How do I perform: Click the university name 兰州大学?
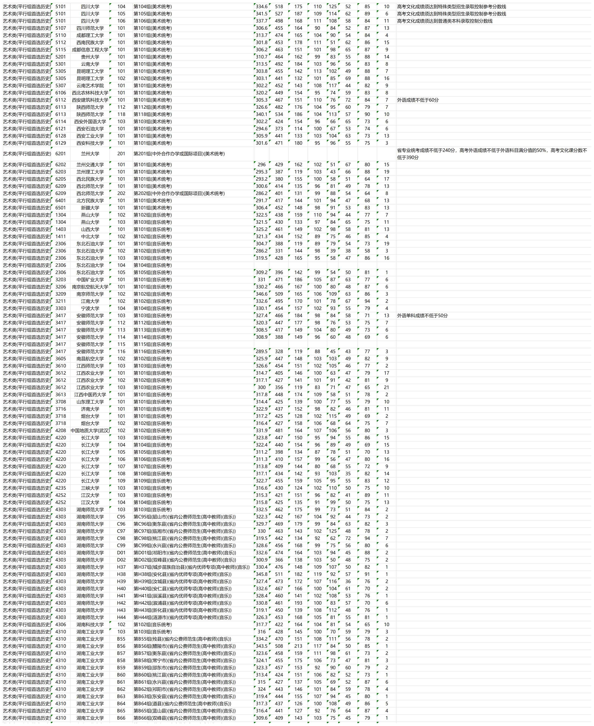coord(90,154)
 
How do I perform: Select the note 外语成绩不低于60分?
coord(417,100)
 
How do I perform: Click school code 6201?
coord(60,154)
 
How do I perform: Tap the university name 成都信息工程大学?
coord(90,50)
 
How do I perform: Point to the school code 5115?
coord(60,50)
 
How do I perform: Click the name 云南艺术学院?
coord(90,85)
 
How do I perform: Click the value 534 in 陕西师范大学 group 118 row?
coord(279,114)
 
